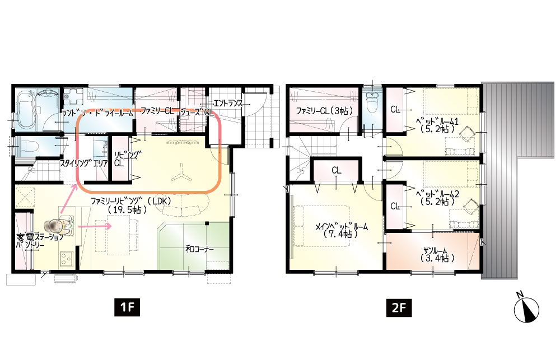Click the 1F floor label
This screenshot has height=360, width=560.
pos(127,307)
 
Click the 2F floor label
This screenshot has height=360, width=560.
pos(399,307)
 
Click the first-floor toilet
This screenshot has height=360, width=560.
pos(28,147)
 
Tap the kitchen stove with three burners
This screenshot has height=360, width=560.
pos(67,259)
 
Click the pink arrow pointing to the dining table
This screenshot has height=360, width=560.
pos(95,226)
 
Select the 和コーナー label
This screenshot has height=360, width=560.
pos(200,249)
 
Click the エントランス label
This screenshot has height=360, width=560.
pos(228,104)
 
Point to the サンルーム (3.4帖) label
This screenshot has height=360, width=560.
pos(436,254)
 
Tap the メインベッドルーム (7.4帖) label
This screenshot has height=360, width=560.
pos(341,230)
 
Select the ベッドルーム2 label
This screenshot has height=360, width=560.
pos(437,198)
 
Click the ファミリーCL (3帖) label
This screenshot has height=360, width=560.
pos(324,111)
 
